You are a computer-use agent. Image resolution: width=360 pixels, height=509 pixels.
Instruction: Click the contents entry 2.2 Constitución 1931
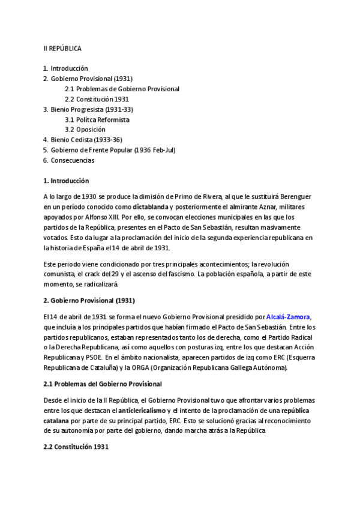click(x=97, y=99)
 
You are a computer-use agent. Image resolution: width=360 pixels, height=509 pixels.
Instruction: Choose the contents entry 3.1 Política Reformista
click(x=97, y=119)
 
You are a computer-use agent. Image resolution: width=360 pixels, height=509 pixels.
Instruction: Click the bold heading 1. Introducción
click(x=66, y=181)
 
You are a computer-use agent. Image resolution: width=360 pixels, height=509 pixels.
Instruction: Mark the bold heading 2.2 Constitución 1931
click(x=76, y=447)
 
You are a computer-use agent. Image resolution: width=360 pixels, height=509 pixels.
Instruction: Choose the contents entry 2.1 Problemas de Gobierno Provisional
click(x=122, y=89)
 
